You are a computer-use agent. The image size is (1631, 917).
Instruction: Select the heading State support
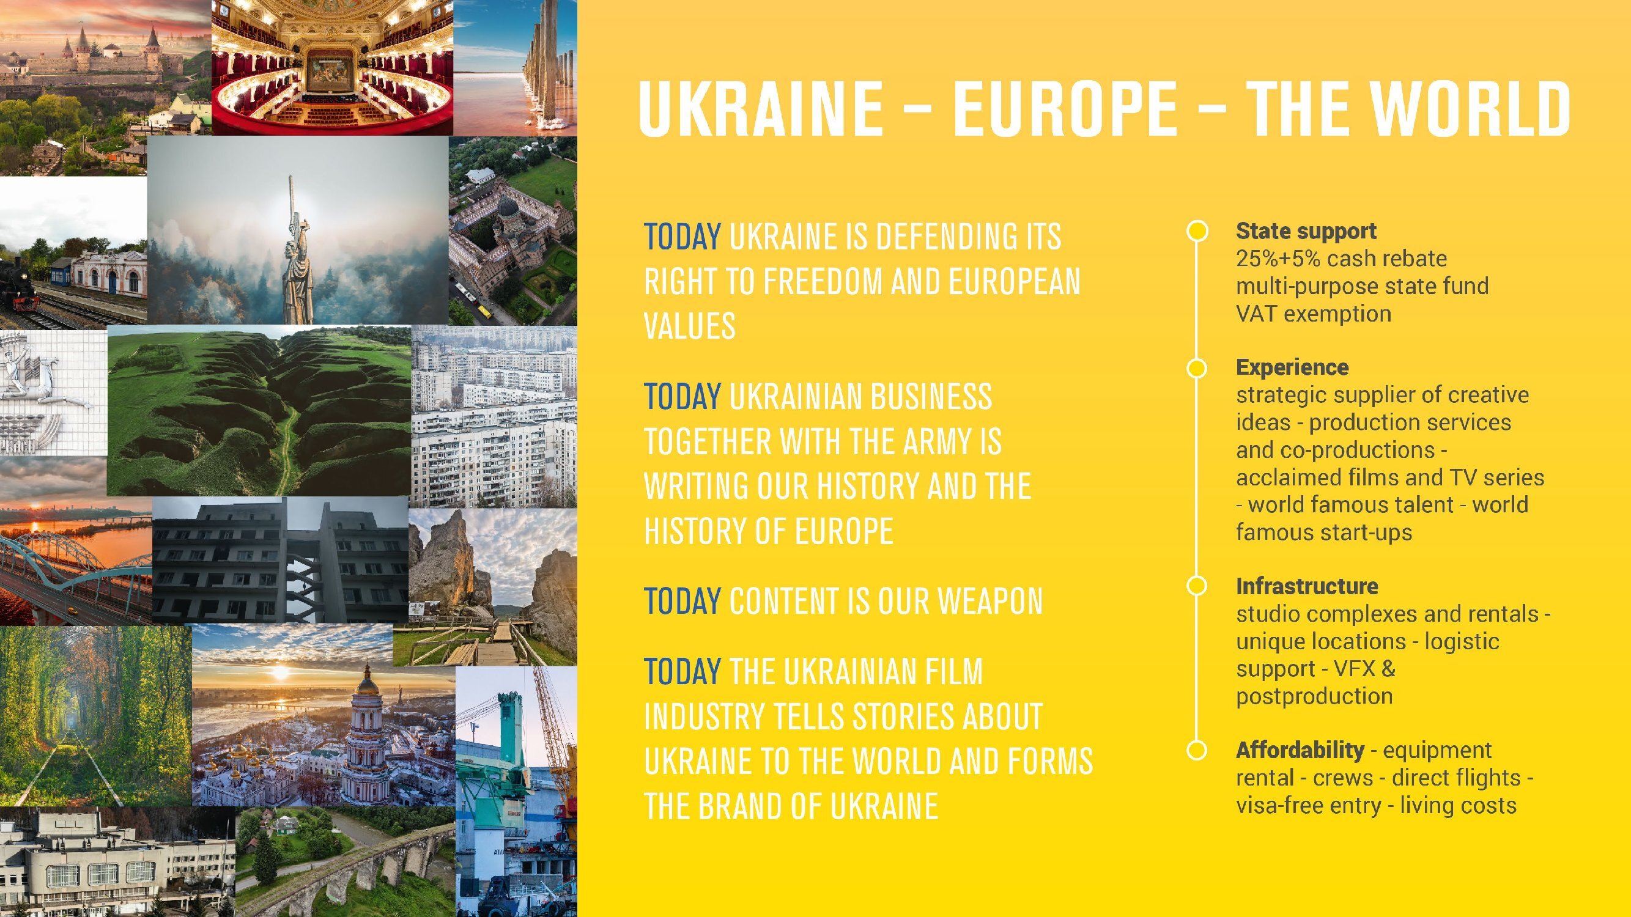pyautogui.click(x=1306, y=231)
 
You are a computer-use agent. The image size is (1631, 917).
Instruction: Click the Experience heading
pyautogui.click(x=1292, y=367)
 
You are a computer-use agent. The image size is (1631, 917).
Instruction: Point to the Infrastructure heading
pyautogui.click(x=1307, y=586)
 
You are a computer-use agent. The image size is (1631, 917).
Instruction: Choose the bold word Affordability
pyautogui.click(x=1300, y=750)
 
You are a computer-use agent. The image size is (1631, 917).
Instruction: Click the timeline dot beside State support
pyautogui.click(x=1197, y=231)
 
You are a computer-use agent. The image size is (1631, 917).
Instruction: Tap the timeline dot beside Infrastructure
pyautogui.click(x=1197, y=586)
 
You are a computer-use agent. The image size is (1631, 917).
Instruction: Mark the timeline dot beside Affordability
pyautogui.click(x=1197, y=750)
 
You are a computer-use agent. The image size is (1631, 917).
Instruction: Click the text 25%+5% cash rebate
pyautogui.click(x=1341, y=259)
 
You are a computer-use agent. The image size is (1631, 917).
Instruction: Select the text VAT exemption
pyautogui.click(x=1313, y=314)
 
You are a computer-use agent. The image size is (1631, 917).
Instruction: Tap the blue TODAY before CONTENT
pyautogui.click(x=682, y=600)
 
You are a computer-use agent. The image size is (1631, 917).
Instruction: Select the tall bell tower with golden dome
pyautogui.click(x=366, y=734)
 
